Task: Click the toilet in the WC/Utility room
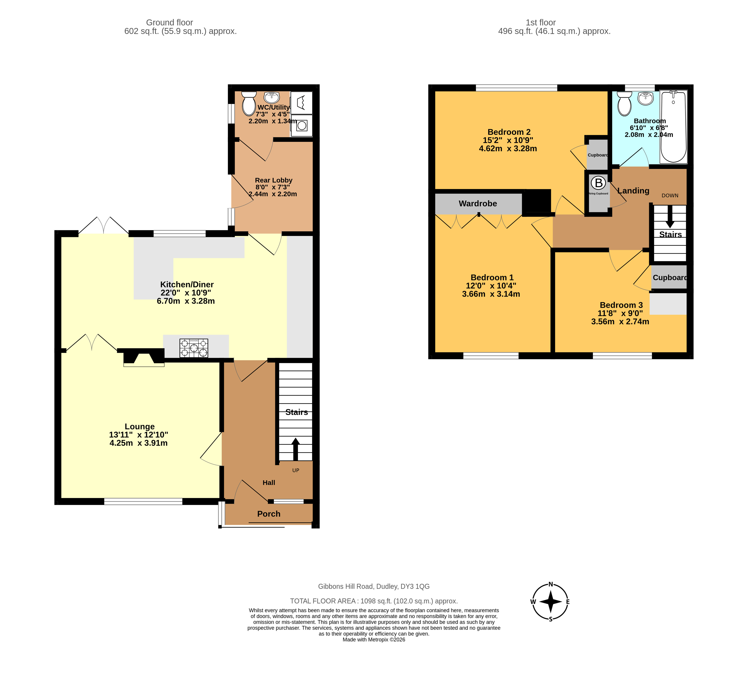point(249,104)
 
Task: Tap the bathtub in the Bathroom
point(673,126)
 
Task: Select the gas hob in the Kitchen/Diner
point(194,348)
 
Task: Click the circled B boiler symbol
point(598,183)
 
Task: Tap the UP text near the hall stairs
point(296,470)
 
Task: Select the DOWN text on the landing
point(670,195)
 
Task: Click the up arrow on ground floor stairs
point(295,449)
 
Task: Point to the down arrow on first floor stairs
point(670,216)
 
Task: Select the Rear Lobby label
point(273,180)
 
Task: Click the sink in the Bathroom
point(645,98)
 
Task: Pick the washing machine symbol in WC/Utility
point(302,125)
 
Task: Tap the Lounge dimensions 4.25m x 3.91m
point(139,443)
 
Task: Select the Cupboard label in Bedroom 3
point(670,277)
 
